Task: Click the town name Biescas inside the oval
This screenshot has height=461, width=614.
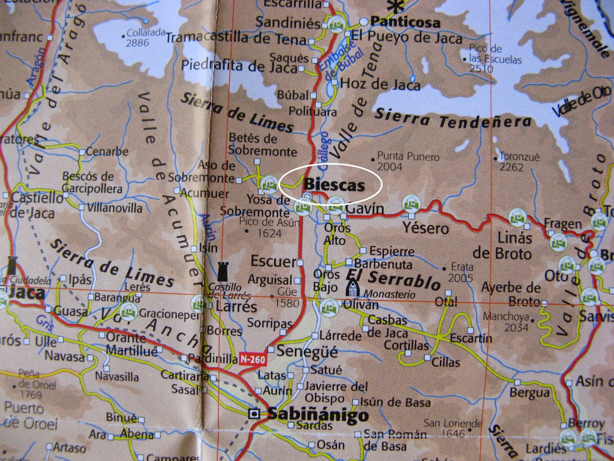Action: coord(333,186)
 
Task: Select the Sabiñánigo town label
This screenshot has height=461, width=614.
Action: coord(317,415)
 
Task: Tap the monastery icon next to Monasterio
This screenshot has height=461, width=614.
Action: coord(352,288)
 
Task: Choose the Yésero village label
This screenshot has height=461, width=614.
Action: coord(426,229)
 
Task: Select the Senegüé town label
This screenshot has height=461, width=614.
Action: coord(307,351)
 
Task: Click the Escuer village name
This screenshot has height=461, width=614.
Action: coord(273,262)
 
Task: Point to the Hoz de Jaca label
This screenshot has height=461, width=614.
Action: coord(380,85)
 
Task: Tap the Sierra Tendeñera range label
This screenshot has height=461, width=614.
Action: coord(453,119)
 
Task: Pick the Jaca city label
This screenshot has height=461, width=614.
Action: coord(26,294)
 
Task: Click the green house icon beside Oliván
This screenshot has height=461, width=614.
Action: coord(329,306)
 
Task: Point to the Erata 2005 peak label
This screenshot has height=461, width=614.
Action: coord(462,272)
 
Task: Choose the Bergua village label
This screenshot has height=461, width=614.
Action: coord(529,393)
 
